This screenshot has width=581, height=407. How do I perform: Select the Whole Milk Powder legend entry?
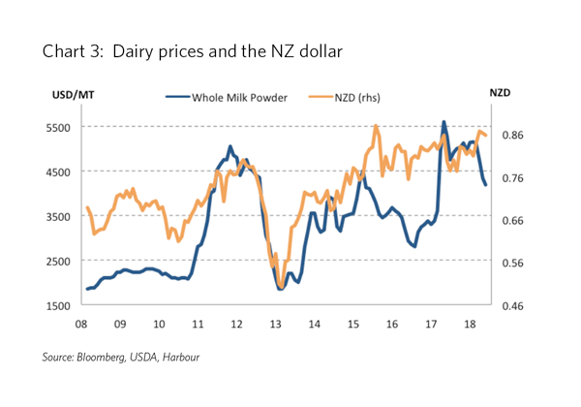pos(232,96)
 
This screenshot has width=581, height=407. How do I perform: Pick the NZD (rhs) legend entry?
pos(359,96)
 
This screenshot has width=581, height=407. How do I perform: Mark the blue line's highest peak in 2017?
pos(443,122)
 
